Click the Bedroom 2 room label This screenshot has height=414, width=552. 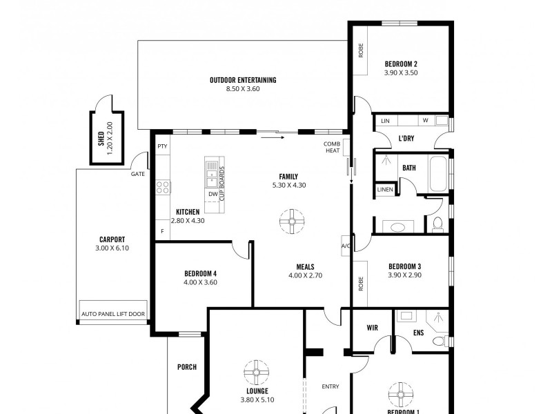tap(401, 64)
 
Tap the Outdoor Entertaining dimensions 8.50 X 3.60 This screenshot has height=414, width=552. tap(243, 89)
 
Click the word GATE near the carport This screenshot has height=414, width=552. tap(138, 174)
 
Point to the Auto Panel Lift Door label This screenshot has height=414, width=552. tap(113, 314)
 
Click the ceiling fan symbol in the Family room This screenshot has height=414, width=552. tap(290, 222)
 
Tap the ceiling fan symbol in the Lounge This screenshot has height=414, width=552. tap(257, 373)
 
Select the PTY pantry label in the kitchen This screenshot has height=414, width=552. tap(162, 146)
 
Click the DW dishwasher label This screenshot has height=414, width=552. tap(213, 195)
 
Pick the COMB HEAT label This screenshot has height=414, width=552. tap(332, 147)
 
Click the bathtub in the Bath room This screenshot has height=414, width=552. tap(438, 175)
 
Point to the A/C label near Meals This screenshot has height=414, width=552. tap(346, 246)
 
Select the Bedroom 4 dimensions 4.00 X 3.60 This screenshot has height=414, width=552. tap(201, 282)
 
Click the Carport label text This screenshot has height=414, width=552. tap(111, 239)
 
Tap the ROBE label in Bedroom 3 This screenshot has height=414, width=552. tap(360, 282)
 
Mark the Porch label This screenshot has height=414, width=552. tap(187, 367)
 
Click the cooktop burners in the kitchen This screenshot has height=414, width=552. tap(163, 186)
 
